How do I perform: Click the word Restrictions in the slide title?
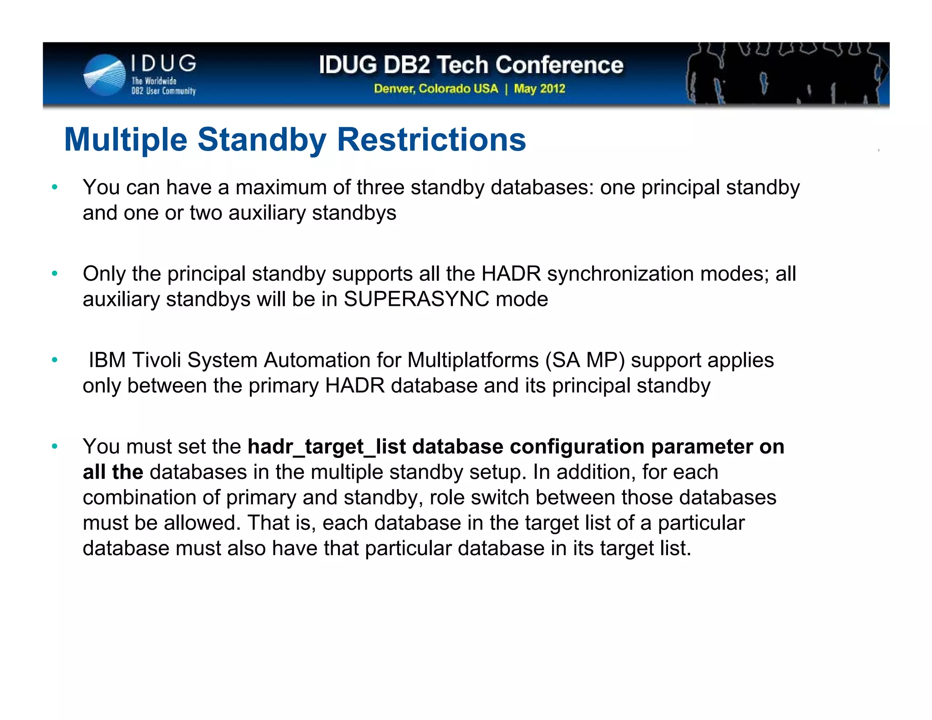pos(431,139)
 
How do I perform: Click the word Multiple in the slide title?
pos(126,139)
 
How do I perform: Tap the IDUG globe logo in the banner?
pos(104,75)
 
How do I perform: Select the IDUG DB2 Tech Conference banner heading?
pos(471,65)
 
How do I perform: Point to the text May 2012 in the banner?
pos(539,88)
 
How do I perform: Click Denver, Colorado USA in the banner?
pos(436,88)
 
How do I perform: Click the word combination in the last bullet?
pos(139,497)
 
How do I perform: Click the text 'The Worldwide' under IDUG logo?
pos(154,81)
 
